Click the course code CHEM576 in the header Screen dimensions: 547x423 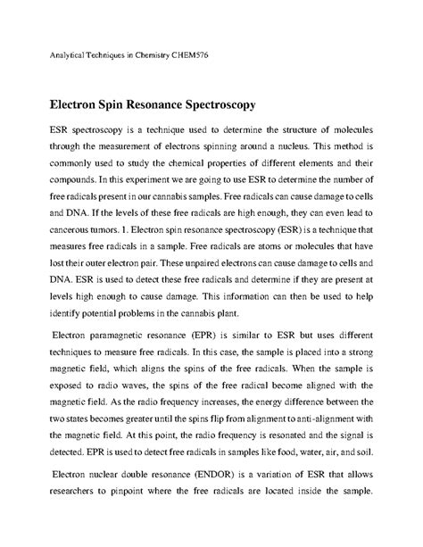(x=190, y=55)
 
